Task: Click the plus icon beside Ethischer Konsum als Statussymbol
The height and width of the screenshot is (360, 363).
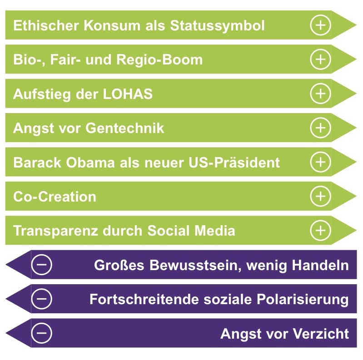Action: click(x=320, y=25)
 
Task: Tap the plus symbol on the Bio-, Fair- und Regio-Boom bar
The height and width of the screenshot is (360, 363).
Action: click(x=320, y=59)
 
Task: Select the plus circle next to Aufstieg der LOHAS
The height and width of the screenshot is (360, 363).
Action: click(x=320, y=94)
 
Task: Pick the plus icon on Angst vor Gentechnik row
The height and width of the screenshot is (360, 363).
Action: click(x=320, y=128)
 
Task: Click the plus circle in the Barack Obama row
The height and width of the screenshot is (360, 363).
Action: click(x=320, y=162)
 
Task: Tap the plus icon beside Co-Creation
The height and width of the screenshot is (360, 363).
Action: click(x=320, y=197)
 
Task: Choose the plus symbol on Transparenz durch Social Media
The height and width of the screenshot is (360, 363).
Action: click(x=320, y=231)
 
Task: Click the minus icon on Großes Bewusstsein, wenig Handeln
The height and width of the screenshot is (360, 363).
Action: click(x=41, y=265)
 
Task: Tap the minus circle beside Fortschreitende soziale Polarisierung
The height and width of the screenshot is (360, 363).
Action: click(x=41, y=299)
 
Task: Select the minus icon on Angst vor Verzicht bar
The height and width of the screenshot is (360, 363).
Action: click(x=41, y=333)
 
